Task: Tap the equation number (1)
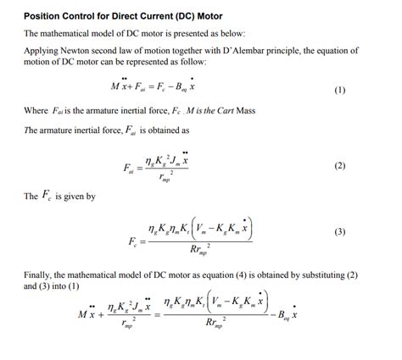pyautogui.click(x=339, y=90)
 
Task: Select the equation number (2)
pyautogui.click(x=339, y=166)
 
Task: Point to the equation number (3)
pyautogui.click(x=339, y=231)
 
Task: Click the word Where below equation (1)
pyautogui.click(x=36, y=111)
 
